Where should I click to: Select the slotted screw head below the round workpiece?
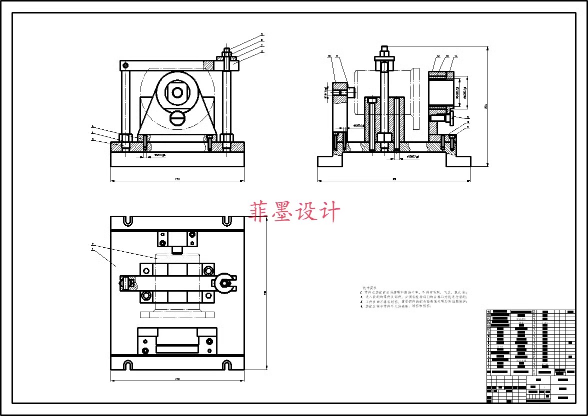[177, 118]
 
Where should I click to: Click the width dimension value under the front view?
[177, 178]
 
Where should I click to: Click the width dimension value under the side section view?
[394, 178]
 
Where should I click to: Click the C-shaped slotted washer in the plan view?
[224, 283]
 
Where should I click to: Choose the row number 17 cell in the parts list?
[488, 312]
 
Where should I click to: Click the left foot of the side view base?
[330, 161]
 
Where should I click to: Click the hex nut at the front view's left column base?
[125, 137]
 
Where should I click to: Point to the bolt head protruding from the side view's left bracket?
[351, 92]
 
